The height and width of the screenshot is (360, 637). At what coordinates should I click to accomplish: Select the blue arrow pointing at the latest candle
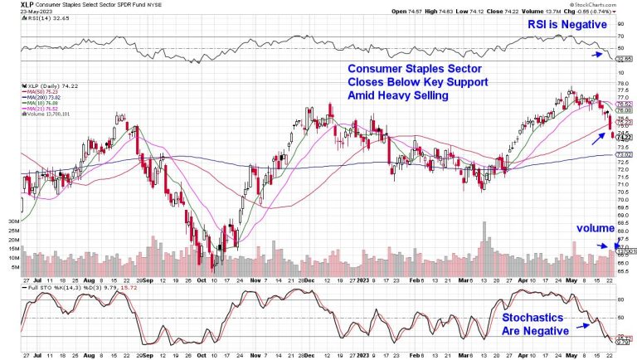tap(596, 129)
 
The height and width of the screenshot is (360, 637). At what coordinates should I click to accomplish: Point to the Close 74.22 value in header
tap(519, 12)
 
